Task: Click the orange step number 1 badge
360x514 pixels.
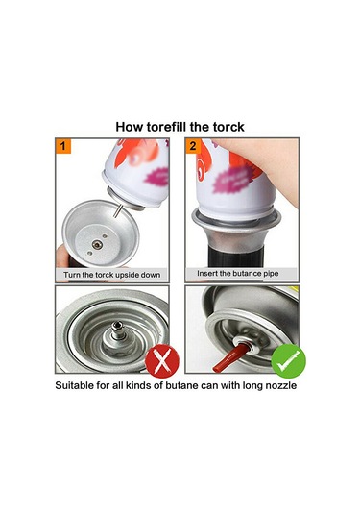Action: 63,146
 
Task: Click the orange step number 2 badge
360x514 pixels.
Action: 193,146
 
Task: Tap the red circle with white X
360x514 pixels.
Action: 162,361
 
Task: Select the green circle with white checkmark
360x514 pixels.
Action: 289,361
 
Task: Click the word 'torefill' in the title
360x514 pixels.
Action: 166,127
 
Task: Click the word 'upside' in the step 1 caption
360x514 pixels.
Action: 127,275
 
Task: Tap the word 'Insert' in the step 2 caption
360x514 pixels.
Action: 207,273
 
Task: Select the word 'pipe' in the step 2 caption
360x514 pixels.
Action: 271,274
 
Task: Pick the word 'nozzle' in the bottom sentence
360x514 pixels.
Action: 280,385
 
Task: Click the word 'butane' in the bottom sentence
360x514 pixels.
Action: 181,385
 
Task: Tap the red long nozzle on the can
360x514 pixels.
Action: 230,357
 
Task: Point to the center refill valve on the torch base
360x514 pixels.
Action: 97,245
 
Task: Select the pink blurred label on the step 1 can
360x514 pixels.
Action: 156,177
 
